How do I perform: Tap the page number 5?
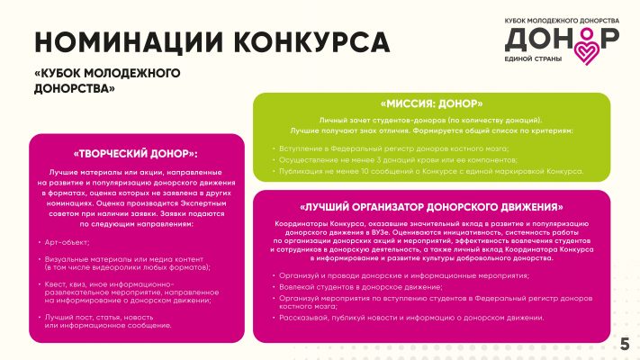[x=625, y=344]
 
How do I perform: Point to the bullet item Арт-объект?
[x=69, y=243]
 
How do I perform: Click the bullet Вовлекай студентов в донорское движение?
[x=369, y=285]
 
